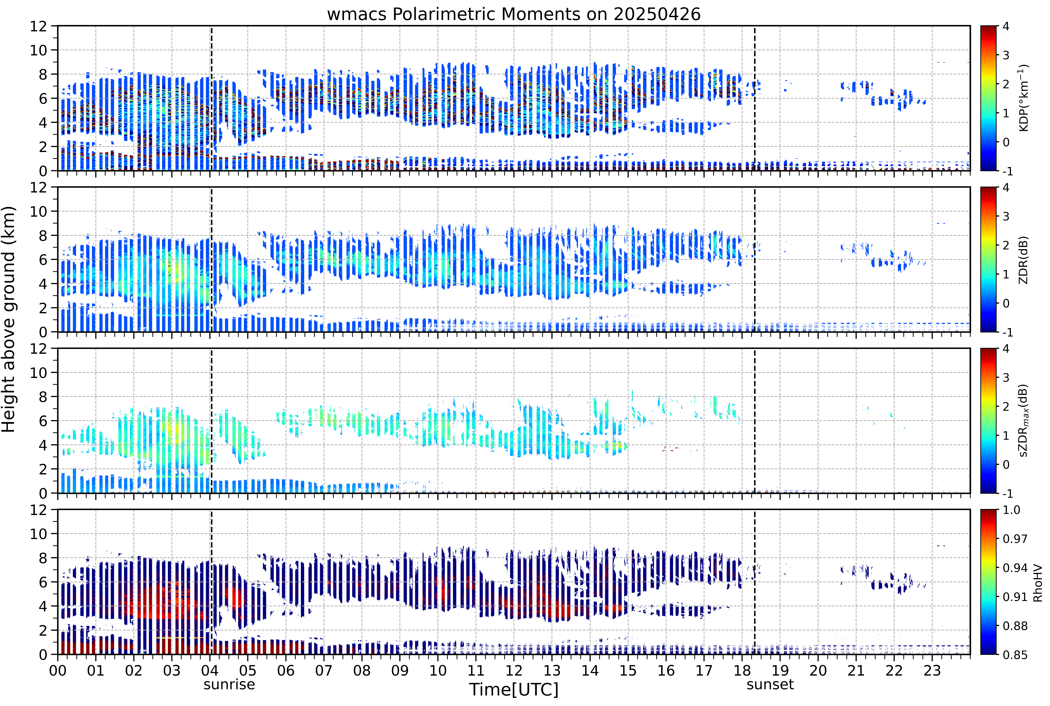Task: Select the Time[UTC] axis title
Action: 514,689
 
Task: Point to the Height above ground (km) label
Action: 9,319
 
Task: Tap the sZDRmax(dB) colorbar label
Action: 1023,421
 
